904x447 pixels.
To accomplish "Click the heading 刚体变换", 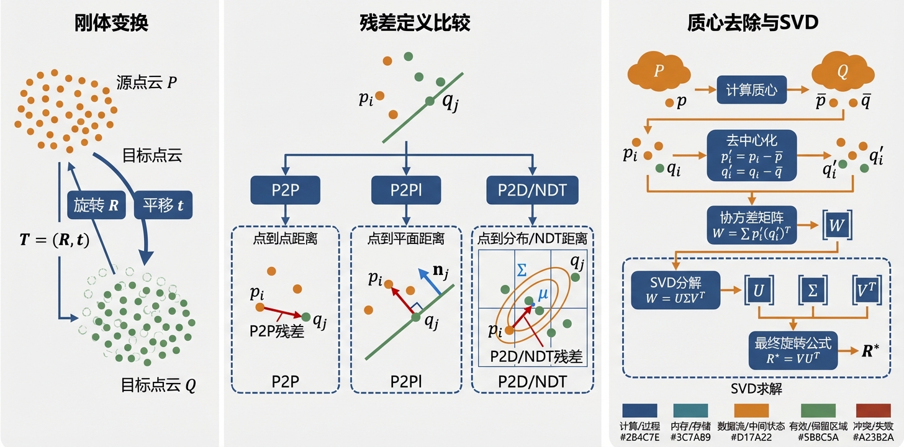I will tap(111, 23).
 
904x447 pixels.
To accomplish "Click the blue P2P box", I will tap(284, 190).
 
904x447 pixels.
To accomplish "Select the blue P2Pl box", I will tap(406, 190).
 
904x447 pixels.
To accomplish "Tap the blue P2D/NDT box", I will tap(533, 190).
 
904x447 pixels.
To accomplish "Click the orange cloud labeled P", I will tap(659, 73).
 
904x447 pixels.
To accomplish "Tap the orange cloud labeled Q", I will tap(842, 73).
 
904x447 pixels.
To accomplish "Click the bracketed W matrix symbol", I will tap(837, 225).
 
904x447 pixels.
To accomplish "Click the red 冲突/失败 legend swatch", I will tap(873, 410).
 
